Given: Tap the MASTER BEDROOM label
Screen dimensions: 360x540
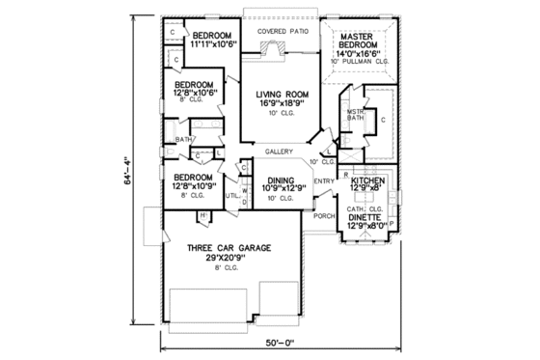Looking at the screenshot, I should (363, 42).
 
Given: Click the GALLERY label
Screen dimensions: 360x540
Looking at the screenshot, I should (280, 152).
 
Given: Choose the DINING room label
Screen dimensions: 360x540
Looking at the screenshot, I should (280, 180).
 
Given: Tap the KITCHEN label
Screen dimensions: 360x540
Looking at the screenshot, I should (367, 180).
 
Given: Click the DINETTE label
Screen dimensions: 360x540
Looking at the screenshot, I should (366, 217).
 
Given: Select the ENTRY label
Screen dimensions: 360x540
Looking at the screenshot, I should (323, 180).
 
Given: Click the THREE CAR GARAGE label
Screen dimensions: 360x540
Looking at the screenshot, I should (229, 248).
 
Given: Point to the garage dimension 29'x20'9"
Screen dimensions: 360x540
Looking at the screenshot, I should (229, 259).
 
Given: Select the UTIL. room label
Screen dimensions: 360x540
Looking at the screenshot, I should (232, 195).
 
